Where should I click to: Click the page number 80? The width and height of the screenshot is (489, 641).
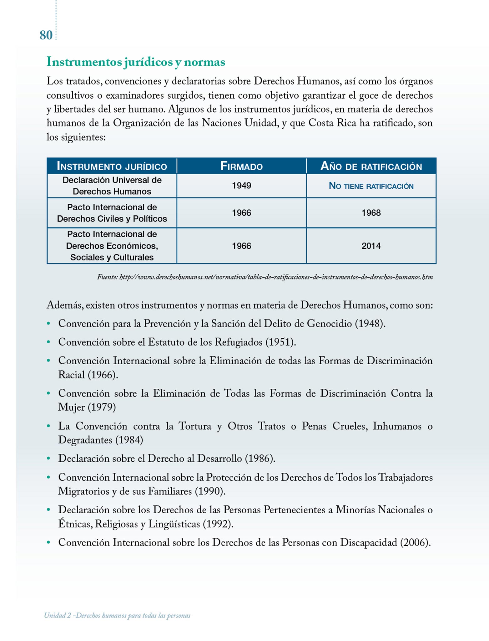(46, 35)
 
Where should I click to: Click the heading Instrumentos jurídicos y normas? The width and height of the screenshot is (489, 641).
(136, 62)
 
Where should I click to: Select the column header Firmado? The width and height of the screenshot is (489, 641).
(241, 166)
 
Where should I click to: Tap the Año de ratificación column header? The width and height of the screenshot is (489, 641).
(371, 166)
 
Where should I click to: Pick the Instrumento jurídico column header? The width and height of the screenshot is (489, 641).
(112, 166)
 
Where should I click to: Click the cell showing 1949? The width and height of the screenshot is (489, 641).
(241, 186)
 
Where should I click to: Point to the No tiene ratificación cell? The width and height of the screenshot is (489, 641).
(371, 186)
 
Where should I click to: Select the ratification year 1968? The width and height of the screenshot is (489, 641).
(371, 213)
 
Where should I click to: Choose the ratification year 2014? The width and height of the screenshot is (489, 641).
(371, 246)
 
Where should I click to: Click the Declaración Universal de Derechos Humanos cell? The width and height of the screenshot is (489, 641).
(112, 186)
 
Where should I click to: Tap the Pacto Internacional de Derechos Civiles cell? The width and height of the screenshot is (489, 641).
(112, 213)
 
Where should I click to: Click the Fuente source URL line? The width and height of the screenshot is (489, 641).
(265, 277)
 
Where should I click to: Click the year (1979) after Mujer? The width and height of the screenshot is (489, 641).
(102, 407)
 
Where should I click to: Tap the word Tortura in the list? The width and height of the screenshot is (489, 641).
(195, 426)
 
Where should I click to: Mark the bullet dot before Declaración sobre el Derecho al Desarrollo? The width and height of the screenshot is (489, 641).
(48, 459)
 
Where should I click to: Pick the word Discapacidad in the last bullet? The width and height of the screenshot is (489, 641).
(369, 542)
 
